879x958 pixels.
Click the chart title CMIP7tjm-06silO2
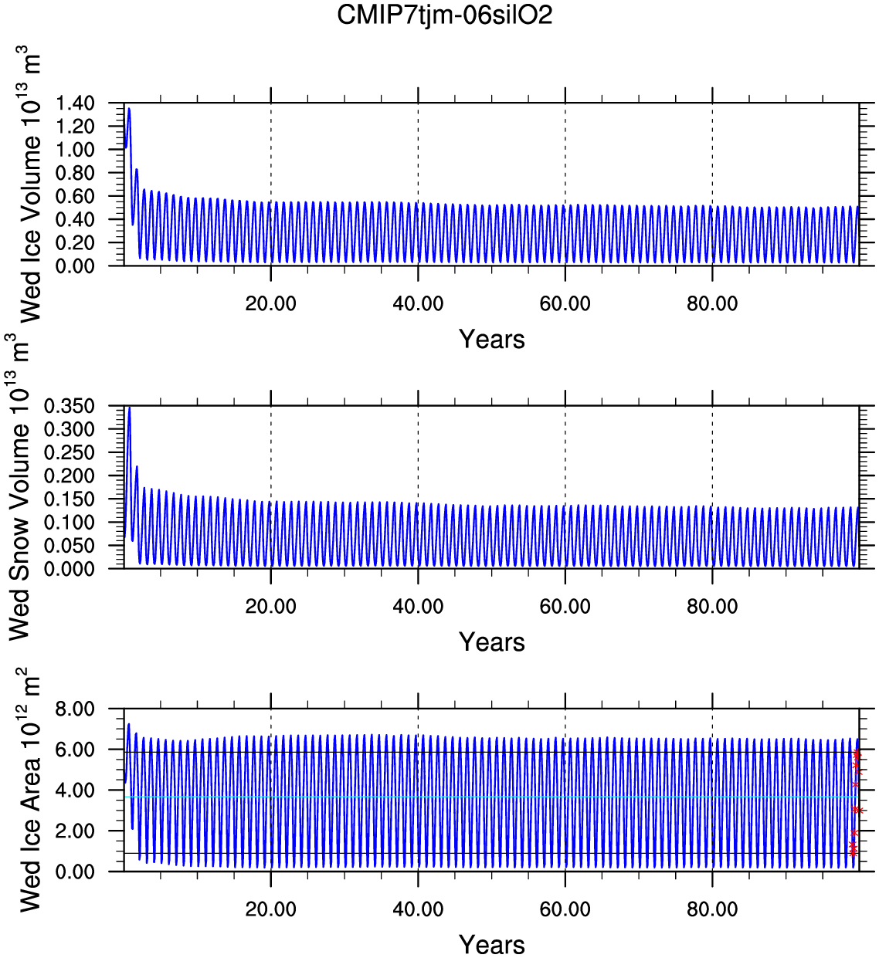click(445, 15)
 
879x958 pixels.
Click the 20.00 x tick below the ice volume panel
click(270, 303)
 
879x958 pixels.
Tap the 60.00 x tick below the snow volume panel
click(565, 607)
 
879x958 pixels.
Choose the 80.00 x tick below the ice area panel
click(712, 909)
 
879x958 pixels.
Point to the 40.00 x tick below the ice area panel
click(418, 909)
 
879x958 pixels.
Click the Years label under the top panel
click(491, 339)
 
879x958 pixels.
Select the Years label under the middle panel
click(491, 642)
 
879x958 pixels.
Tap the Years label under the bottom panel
click(491, 944)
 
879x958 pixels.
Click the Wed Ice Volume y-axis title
click(29, 185)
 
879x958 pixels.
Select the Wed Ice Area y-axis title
click(29, 791)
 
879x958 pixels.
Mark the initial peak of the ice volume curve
click(129, 109)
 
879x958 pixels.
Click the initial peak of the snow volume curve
click(129, 408)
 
